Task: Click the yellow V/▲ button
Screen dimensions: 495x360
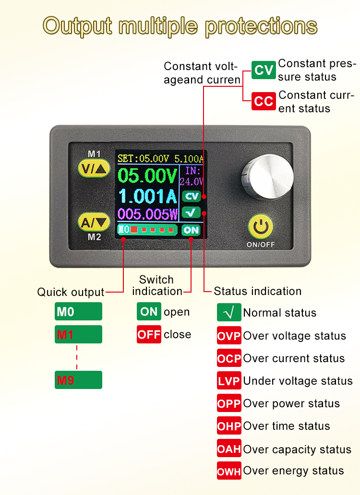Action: click(94, 168)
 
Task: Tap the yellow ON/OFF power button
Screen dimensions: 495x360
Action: click(261, 227)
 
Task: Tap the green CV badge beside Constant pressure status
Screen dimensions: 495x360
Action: click(264, 71)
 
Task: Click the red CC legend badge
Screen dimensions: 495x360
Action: click(264, 101)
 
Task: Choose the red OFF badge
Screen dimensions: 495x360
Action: click(149, 334)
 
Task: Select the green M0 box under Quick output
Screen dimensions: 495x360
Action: click(78, 312)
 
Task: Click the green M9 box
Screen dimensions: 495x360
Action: click(78, 380)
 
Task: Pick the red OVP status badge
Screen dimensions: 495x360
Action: click(229, 336)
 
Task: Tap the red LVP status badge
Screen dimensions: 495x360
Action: click(229, 381)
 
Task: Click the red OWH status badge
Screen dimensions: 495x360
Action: click(229, 471)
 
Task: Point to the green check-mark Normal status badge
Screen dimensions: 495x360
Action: click(229, 313)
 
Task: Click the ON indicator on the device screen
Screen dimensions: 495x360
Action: click(191, 230)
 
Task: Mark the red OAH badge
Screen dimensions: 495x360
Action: click(229, 449)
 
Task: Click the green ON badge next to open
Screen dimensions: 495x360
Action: click(149, 312)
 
